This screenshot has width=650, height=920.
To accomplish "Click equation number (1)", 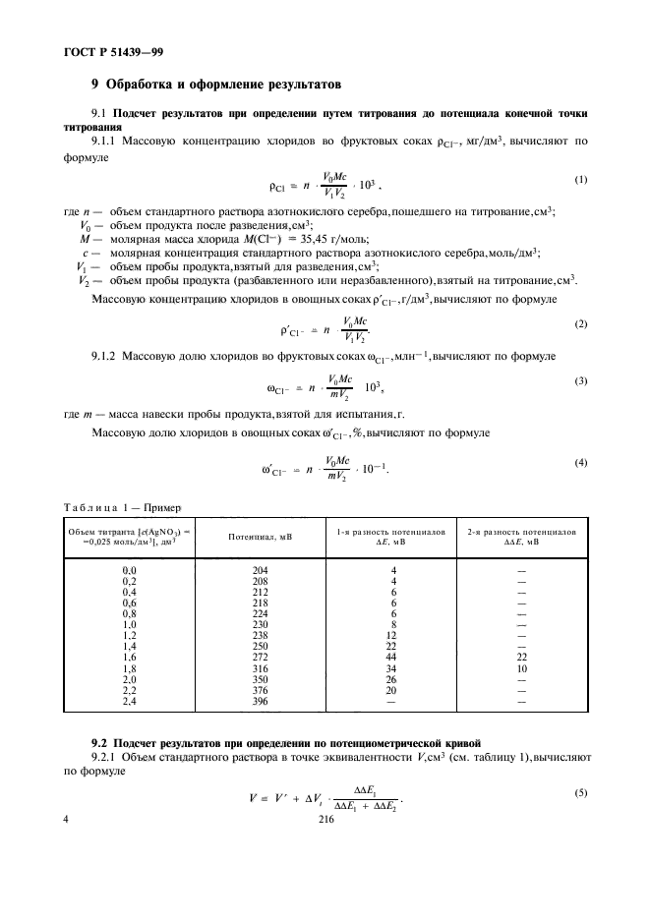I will (580, 178).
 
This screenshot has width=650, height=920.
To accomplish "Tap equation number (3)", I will (580, 380).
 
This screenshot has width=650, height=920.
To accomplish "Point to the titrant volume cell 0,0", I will (129, 570).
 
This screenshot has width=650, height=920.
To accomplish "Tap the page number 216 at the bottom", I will (327, 830).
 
